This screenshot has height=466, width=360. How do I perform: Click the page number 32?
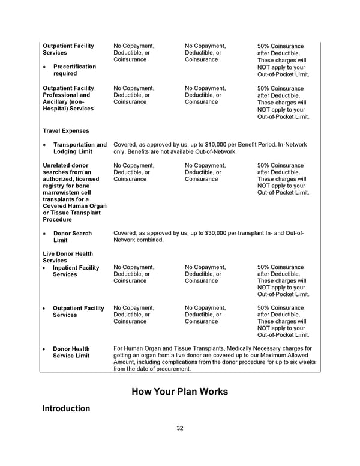pos(180,428)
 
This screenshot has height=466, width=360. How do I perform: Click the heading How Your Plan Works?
pos(180,392)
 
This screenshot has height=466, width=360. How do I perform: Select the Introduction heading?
pos(66,409)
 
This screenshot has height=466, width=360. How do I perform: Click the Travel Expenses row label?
pos(66,130)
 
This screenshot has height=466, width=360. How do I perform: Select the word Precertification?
pos(74,67)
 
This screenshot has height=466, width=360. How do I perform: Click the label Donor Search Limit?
pos(72,237)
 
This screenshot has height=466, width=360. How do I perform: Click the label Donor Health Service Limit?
pos(71,352)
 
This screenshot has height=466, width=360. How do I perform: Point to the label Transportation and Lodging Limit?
pos(80,148)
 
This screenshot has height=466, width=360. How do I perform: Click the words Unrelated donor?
pos(66,165)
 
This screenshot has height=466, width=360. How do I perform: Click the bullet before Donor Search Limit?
pos(46,234)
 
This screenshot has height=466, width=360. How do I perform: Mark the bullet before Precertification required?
pos(46,67)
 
